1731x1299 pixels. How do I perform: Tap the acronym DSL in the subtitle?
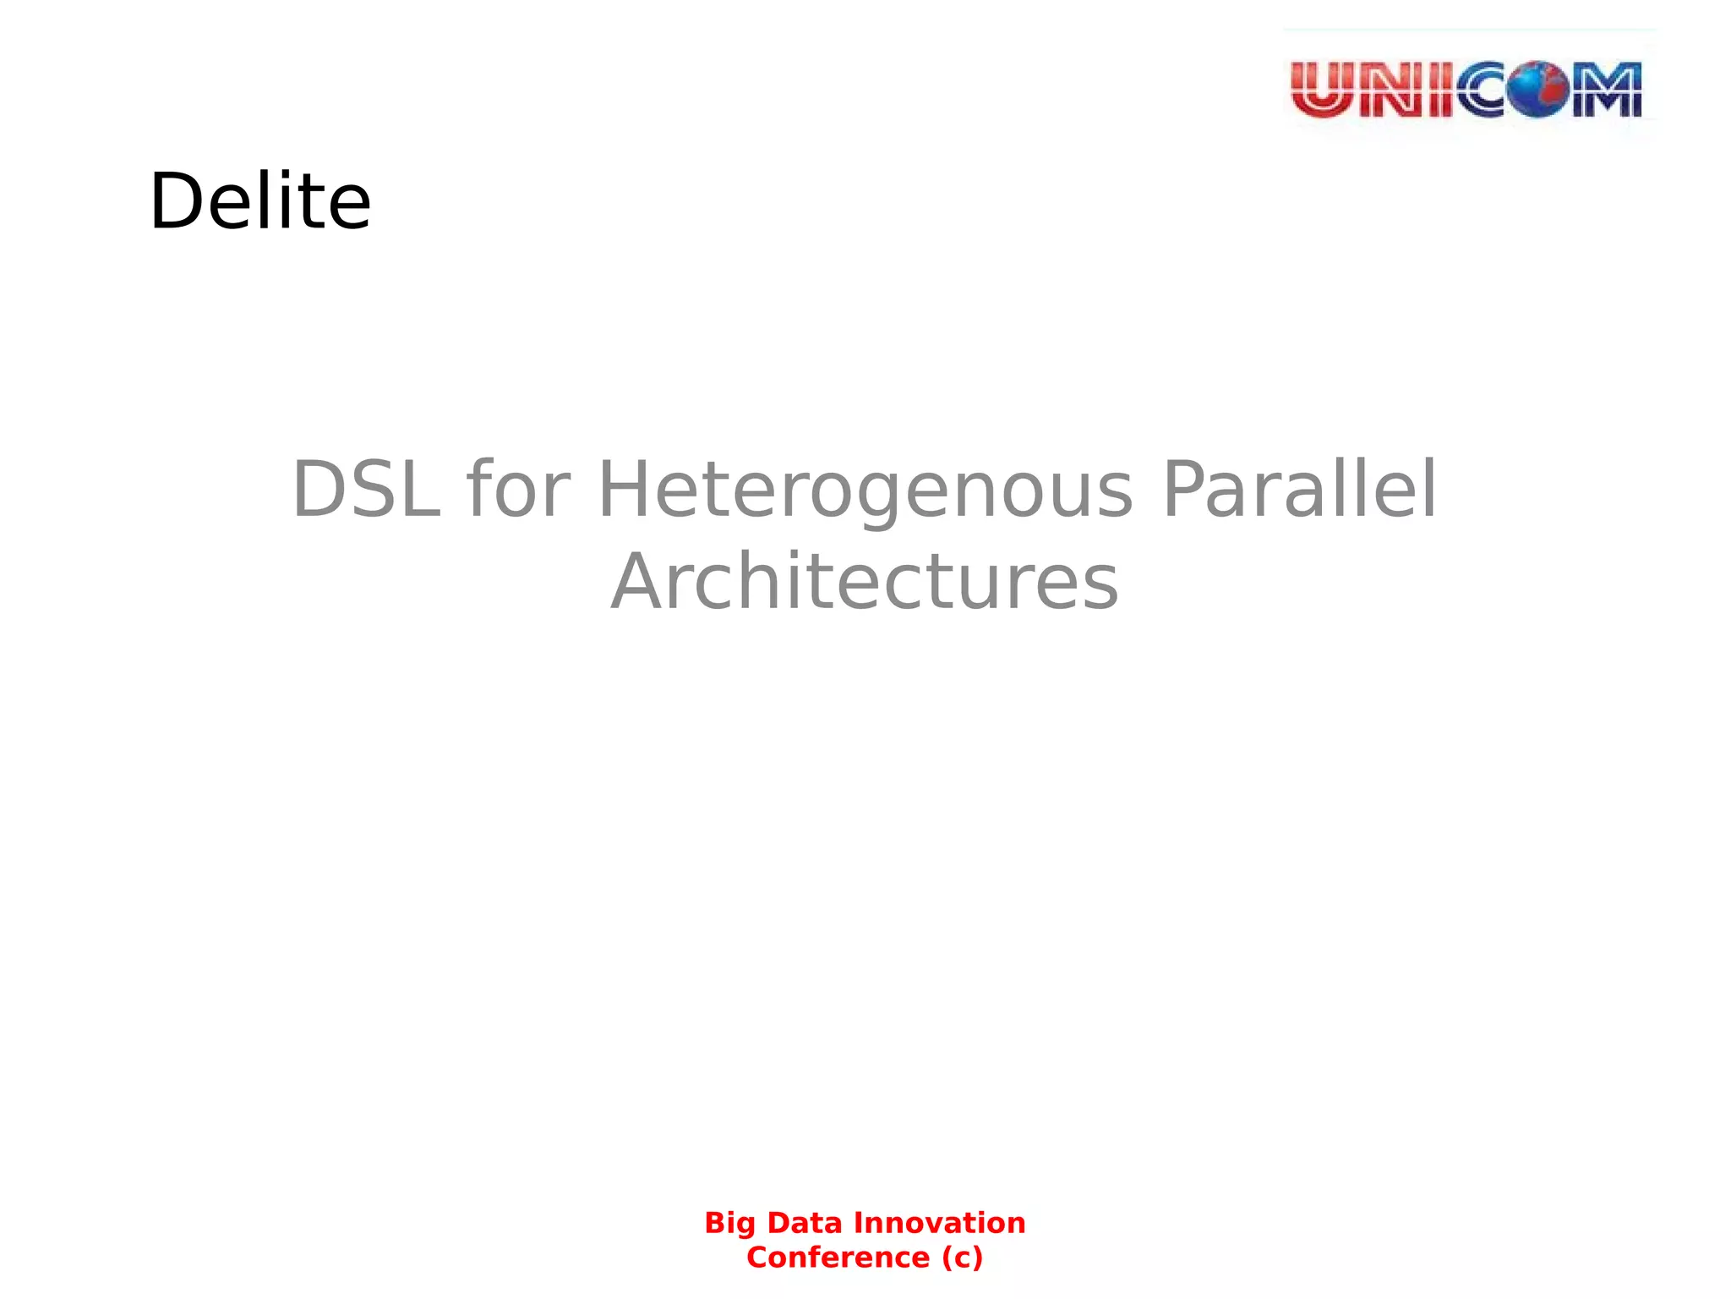(365, 490)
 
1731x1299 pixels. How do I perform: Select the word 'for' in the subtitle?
(518, 490)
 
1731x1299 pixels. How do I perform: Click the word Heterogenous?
(865, 491)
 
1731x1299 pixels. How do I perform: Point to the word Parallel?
(1299, 490)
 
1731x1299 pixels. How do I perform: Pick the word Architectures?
(865, 582)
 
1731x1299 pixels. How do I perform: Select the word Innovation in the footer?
(939, 1223)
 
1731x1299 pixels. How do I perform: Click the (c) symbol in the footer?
(963, 1258)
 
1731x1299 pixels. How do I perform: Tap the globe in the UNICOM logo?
(1539, 89)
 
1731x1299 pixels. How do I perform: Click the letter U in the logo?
(1324, 90)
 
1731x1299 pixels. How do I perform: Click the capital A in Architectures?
(640, 582)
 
